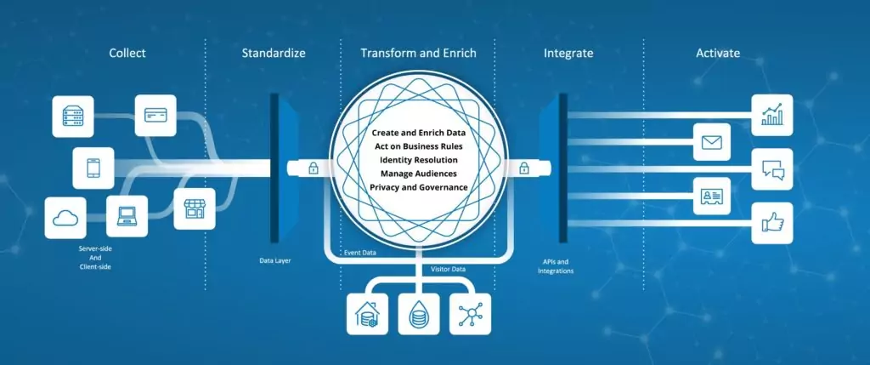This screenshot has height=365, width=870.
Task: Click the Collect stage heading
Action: (127, 54)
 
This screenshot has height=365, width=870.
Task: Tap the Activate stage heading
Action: (718, 54)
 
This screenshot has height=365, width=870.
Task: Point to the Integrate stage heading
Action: (568, 54)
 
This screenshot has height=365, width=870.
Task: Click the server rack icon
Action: (73, 117)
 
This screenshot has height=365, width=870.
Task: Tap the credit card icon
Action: (155, 117)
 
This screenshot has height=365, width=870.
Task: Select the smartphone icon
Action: (93, 168)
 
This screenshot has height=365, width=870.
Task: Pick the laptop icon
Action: (127, 217)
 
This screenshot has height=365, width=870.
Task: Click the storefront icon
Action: (194, 208)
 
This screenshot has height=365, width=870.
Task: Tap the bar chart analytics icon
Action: (772, 115)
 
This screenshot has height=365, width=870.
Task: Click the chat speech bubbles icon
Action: (772, 170)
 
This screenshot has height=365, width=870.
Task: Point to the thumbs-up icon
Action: (772, 223)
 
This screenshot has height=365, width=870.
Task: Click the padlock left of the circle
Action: (314, 168)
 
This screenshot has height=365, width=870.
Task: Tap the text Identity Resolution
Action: (419, 160)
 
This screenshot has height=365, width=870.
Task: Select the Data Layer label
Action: (276, 260)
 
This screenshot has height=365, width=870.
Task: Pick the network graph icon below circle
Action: (470, 313)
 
